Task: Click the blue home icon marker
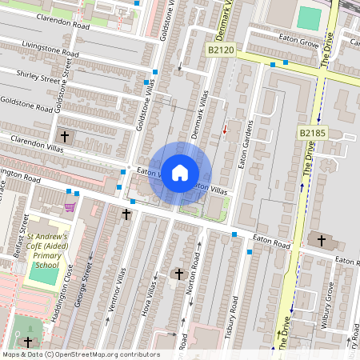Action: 180,172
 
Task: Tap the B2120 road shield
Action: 221,50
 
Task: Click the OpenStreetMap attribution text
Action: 80,354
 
